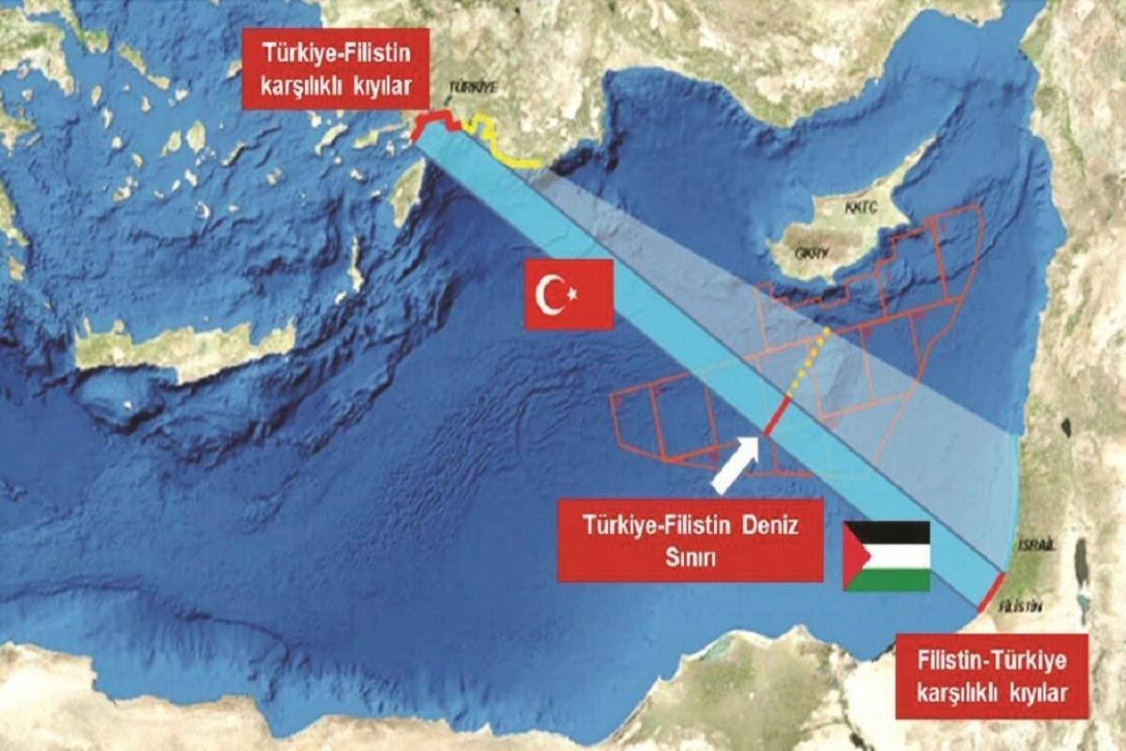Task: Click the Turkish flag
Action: [x=569, y=295]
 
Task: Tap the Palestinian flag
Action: [x=886, y=556]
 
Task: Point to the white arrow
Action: [x=736, y=464]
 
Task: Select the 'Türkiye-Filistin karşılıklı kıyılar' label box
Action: [x=335, y=69]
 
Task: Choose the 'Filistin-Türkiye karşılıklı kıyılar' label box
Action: [x=991, y=676]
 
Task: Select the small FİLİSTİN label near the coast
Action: [x=1021, y=606]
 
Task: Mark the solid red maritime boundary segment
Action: [x=777, y=415]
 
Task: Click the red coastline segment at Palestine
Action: [x=991, y=592]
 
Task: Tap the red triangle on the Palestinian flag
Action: [x=856, y=556]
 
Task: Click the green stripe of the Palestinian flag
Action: [x=896, y=579]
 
